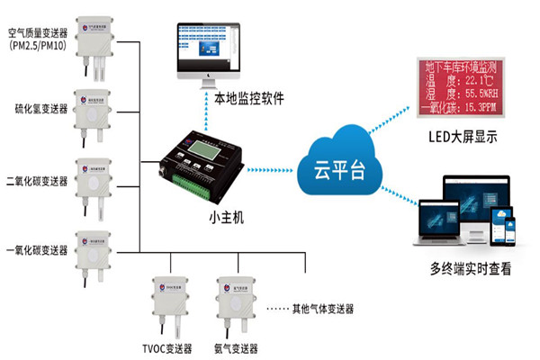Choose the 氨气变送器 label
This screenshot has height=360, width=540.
click(236, 347)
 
